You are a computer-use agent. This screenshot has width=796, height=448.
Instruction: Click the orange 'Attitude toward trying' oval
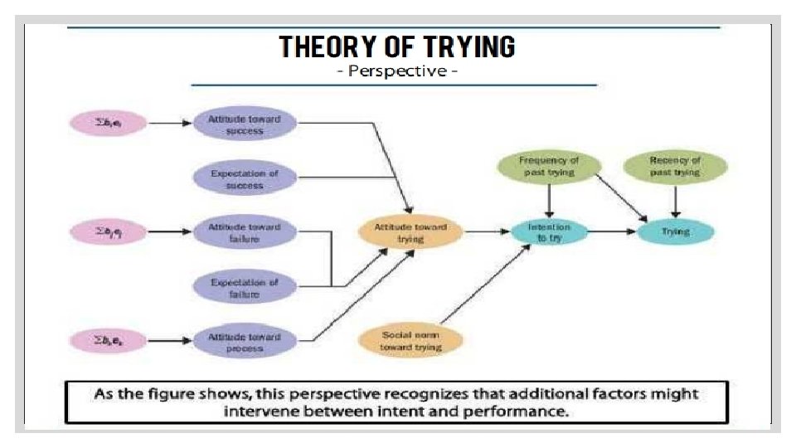click(410, 232)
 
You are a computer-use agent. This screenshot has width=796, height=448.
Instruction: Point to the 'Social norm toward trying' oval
click(410, 341)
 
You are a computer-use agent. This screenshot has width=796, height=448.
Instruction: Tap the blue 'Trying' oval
click(675, 232)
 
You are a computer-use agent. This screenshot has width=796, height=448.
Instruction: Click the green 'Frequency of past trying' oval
click(548, 166)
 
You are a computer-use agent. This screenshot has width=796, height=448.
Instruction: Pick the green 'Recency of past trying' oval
click(675, 166)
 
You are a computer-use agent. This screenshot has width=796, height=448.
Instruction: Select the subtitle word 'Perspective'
click(397, 71)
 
